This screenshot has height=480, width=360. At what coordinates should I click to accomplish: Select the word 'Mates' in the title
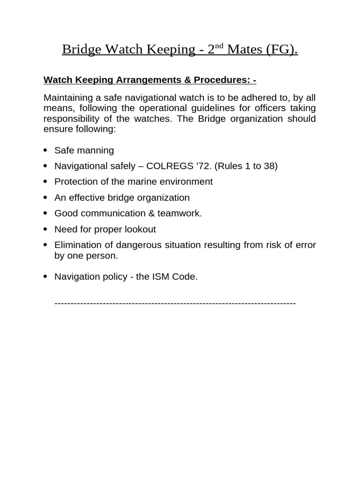pos(245,49)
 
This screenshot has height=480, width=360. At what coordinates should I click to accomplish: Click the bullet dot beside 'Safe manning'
pos(45,150)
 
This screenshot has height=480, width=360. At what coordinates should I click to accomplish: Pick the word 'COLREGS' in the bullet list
pos(168,166)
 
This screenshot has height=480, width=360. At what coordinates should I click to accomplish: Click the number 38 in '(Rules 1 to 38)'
pos(269,166)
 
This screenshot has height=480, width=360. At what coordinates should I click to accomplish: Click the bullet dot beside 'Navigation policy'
pos(45,277)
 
